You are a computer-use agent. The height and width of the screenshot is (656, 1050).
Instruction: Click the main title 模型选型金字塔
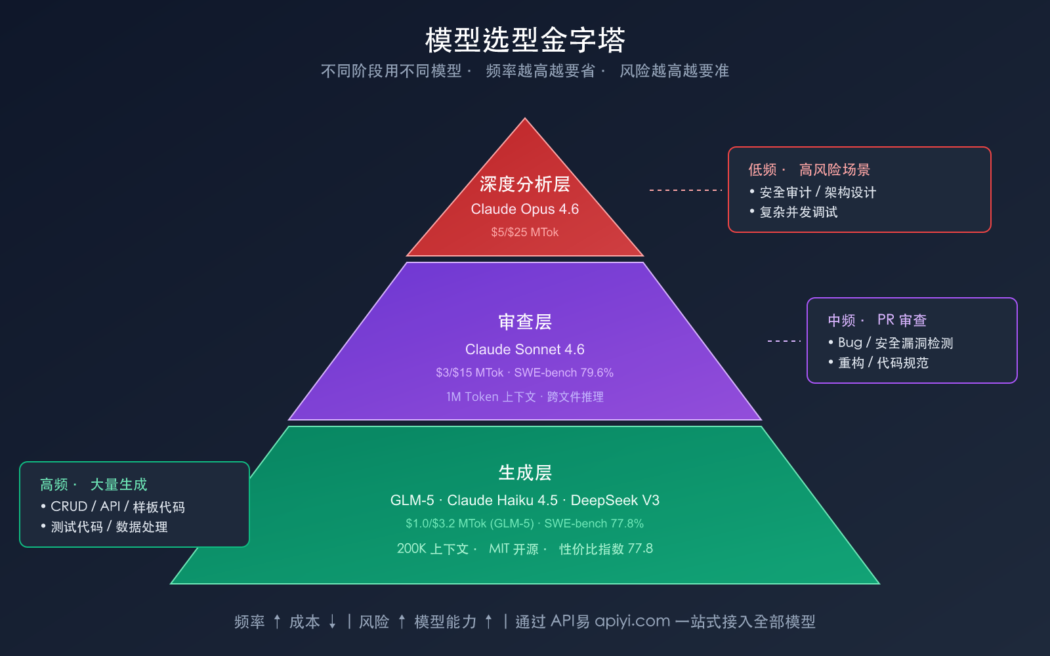pos(525,41)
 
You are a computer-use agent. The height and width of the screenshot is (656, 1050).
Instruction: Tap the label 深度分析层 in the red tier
pos(525,184)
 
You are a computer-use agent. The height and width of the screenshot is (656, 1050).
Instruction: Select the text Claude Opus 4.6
pos(525,209)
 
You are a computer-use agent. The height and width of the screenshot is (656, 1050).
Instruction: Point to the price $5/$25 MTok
pos(525,232)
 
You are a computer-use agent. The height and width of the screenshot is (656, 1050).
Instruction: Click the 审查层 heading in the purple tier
pos(525,322)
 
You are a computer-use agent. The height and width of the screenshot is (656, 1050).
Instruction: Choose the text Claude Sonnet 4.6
pos(525,350)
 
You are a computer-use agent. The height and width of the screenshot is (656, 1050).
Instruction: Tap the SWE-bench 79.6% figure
pos(564,373)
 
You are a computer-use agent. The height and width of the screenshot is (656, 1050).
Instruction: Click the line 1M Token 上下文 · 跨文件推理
pos(525,397)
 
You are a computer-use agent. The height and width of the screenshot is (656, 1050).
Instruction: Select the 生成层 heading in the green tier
pos(525,473)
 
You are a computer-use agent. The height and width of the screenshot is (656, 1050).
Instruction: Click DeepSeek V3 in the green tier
pos(615,501)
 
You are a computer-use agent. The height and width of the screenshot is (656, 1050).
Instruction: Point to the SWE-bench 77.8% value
pos(594,523)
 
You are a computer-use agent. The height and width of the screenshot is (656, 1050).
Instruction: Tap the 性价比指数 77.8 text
pos(606,549)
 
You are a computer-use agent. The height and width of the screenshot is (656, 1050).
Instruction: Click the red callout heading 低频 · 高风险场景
pos(809,170)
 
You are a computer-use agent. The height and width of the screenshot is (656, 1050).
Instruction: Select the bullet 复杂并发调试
pos(799,212)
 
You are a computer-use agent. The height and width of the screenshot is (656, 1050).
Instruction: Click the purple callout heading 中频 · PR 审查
pos(877,320)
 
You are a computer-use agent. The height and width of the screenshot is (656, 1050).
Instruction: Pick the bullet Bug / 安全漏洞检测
pos(895,343)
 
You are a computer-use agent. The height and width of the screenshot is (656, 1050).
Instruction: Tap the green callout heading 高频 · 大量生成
pos(93,485)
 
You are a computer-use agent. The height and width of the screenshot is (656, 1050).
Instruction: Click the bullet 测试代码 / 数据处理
pos(109,527)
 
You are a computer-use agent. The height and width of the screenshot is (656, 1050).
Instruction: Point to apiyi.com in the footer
pos(632,621)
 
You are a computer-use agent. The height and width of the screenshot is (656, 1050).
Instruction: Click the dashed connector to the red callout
pos(685,190)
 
